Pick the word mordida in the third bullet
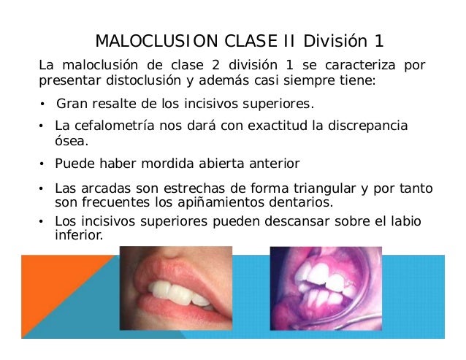pyautogui.click(x=183, y=163)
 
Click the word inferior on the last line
pyautogui.click(x=78, y=235)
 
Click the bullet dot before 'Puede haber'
pyautogui.click(x=42, y=164)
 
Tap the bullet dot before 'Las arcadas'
pyautogui.click(x=42, y=190)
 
